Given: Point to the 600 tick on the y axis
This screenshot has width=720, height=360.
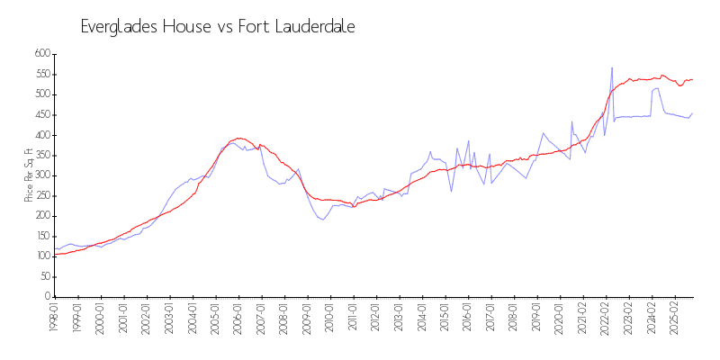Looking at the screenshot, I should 41,54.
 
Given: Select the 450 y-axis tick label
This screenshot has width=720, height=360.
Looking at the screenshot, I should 41,114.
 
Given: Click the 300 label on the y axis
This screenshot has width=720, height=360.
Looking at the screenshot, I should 41,175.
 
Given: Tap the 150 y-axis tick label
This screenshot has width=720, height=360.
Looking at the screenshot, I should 41,236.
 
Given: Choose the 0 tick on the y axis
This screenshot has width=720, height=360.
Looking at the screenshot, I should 48,297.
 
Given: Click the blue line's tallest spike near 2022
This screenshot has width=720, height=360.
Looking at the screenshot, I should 612,67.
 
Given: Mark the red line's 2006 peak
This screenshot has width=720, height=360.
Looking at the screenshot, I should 238,138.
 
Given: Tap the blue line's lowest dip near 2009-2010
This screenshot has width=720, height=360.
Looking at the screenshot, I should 322,220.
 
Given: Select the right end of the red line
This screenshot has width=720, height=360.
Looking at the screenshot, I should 692,79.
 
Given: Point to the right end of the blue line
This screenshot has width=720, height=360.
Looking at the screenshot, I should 692,113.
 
